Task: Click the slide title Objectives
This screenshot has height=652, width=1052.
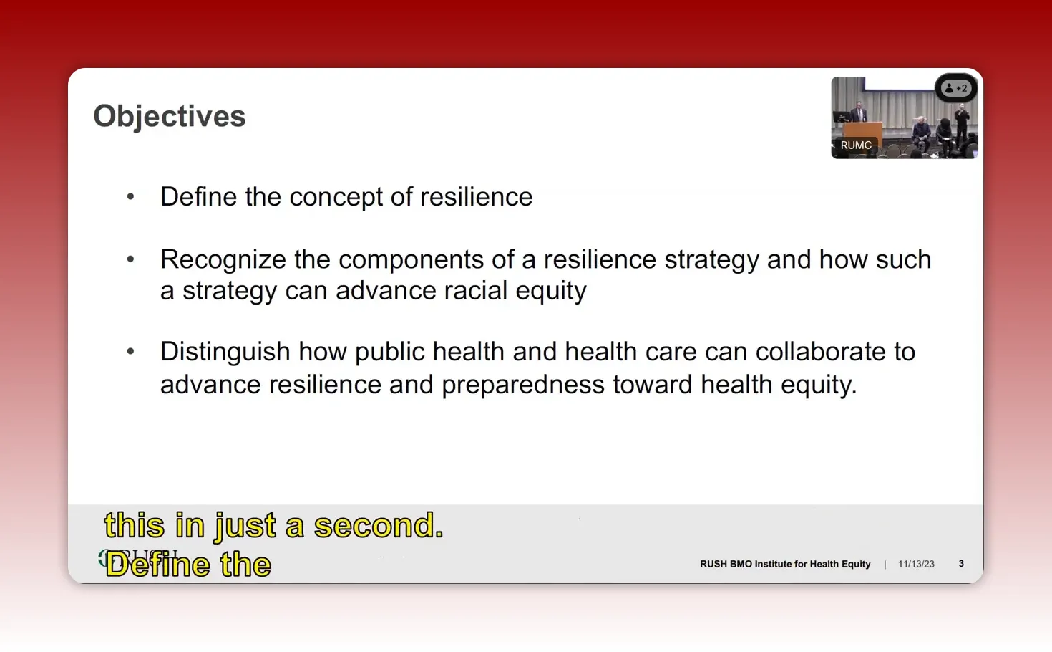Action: click(x=170, y=116)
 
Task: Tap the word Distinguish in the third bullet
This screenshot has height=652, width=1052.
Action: click(x=225, y=352)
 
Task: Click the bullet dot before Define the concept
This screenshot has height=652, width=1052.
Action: click(x=130, y=197)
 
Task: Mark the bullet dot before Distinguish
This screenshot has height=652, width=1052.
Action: click(x=130, y=352)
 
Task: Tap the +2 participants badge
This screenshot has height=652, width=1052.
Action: click(x=956, y=89)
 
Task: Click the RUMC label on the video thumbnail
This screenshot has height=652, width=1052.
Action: click(x=856, y=145)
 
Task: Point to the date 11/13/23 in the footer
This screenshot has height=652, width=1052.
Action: click(x=916, y=565)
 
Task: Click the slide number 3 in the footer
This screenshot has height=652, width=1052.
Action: click(x=961, y=564)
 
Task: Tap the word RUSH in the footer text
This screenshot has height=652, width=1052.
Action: click(x=713, y=565)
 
